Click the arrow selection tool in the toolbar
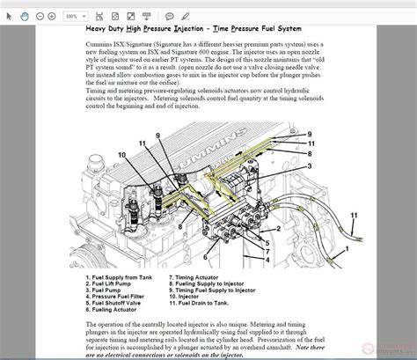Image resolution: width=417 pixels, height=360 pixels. (x=11, y=15)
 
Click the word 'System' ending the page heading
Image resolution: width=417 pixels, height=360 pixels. (x=312, y=28)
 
